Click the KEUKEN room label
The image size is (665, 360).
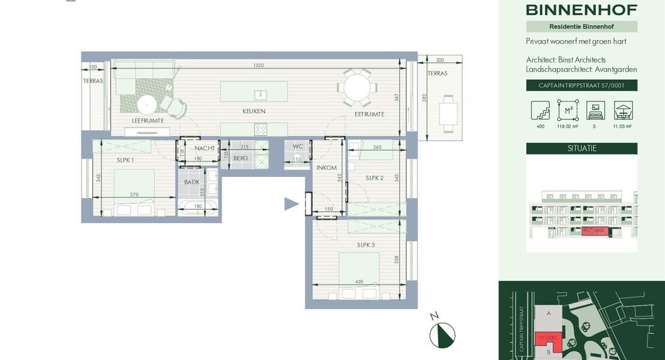pos(254,111)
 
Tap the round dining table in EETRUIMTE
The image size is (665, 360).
pos(357,88)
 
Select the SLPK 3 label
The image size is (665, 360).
pos(366,245)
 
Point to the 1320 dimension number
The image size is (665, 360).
pos(258,65)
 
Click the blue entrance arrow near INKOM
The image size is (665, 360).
pos(291,204)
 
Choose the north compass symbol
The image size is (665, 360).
pos(442,335)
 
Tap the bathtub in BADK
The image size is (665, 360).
pos(197,208)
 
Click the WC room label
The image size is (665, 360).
pos(298,146)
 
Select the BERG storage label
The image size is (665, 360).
pos(241,158)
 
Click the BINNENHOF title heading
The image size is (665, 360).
pos(582,10)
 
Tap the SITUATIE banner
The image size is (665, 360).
pos(582,148)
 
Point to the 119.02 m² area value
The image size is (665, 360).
pos(567,127)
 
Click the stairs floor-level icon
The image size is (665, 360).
pos(540,110)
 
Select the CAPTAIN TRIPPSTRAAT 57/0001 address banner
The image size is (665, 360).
pos(582,85)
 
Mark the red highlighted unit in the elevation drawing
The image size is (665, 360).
pos(595,231)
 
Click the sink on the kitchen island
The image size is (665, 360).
pos(260,94)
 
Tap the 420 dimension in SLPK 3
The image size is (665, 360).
pos(359,281)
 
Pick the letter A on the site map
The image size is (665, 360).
pos(548,314)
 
